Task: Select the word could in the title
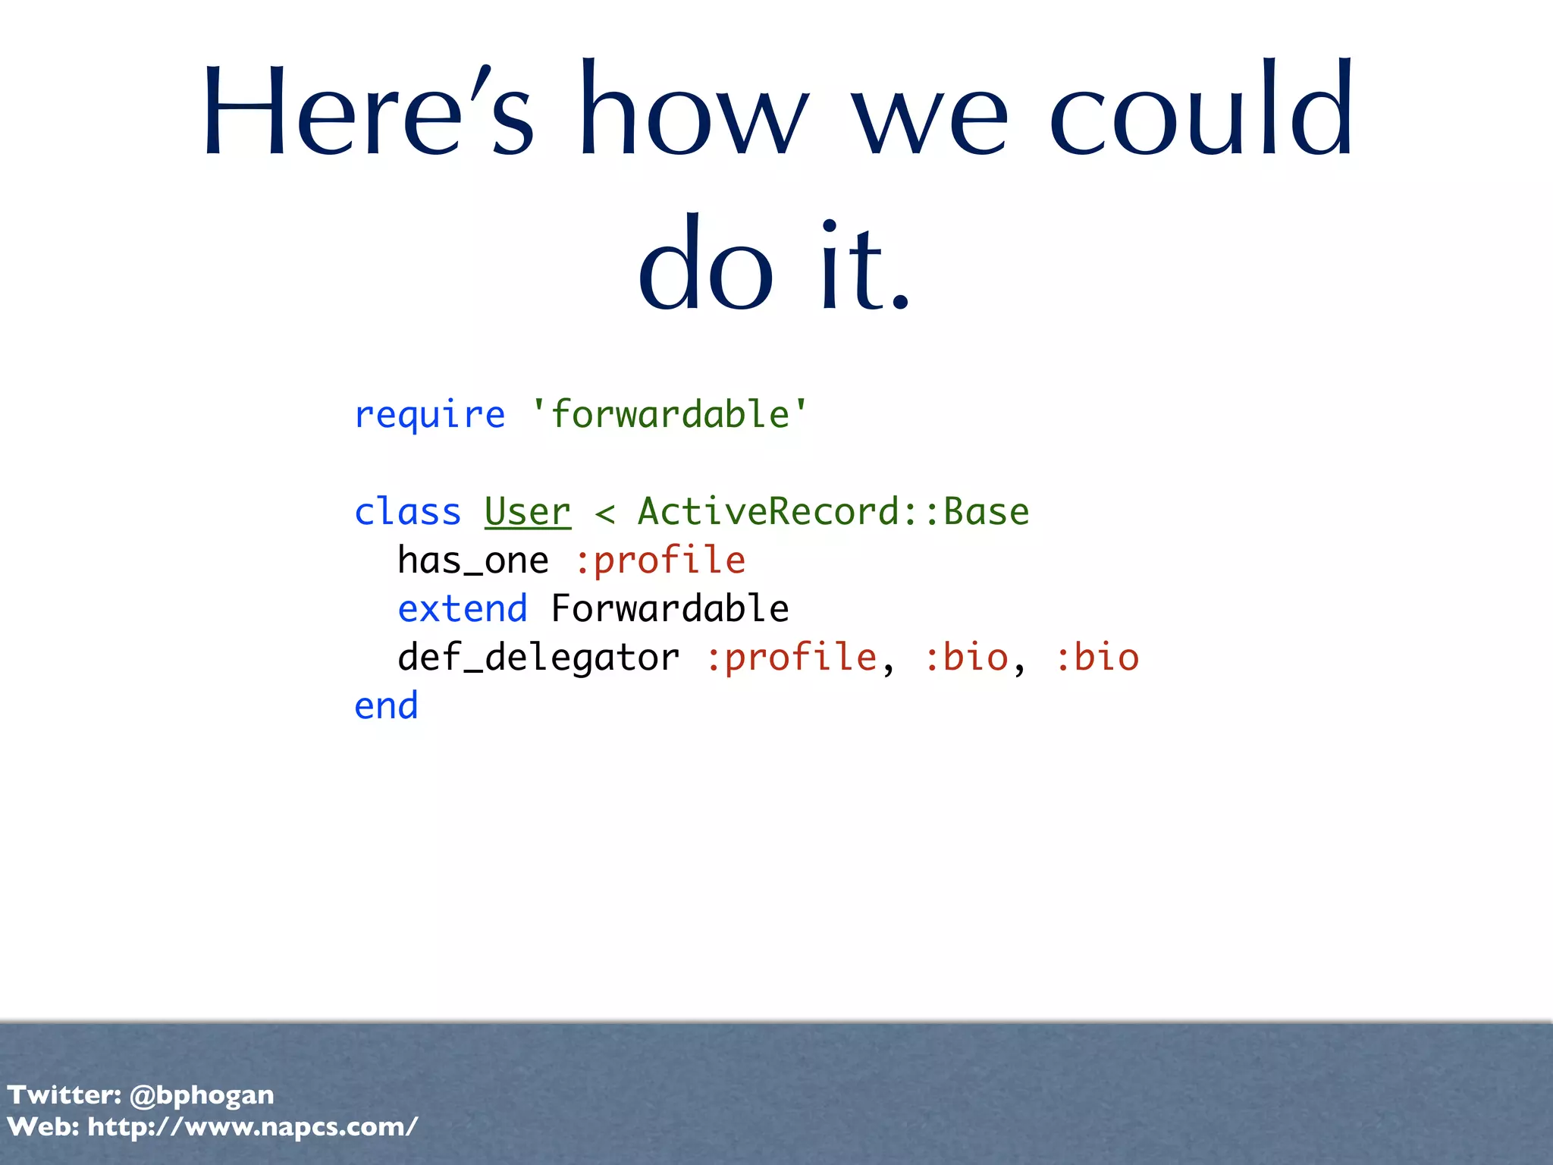pos(1201,110)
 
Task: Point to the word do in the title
pos(705,265)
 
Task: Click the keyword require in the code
pos(429,416)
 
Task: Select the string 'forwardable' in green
pos(670,414)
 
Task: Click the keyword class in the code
pos(407,512)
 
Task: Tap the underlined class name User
pos(528,512)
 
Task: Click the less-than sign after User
pos(604,513)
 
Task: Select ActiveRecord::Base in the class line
pos(833,512)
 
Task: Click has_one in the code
pos(472,561)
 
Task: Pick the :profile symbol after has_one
pos(660,561)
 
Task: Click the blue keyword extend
pos(463,609)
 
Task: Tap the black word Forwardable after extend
pos(670,609)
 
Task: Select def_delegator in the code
pos(538,658)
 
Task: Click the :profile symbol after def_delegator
pos(791,658)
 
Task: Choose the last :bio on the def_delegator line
pos(1097,658)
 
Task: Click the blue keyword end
pos(386,706)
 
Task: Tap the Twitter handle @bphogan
pos(202,1095)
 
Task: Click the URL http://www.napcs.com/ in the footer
pos(253,1127)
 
